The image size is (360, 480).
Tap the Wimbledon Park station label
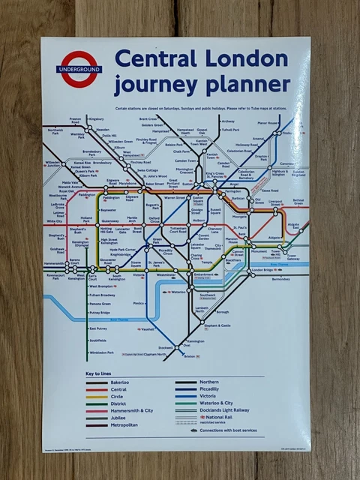(101, 352)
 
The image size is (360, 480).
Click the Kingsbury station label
(96, 119)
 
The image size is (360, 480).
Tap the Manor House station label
(268, 122)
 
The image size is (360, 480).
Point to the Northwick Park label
(55, 132)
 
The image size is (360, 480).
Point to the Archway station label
(228, 121)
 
